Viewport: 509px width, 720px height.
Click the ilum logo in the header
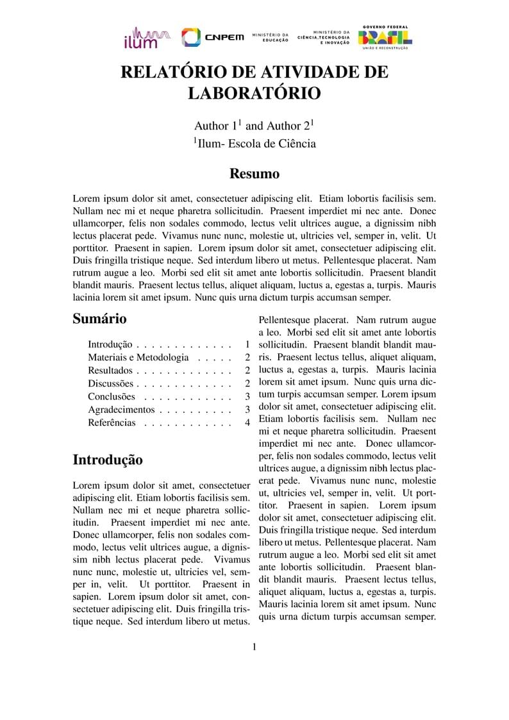[x=146, y=38]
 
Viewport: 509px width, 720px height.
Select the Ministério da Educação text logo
[x=271, y=37]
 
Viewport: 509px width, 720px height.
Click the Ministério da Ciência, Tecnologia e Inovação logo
[x=324, y=37]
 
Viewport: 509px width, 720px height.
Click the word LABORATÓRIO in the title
[x=254, y=93]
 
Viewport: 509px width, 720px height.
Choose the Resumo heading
[x=254, y=174]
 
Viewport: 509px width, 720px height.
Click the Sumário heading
[x=99, y=319]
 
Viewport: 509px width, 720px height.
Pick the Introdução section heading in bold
[x=107, y=460]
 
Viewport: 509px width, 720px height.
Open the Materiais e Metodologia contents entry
[x=138, y=357]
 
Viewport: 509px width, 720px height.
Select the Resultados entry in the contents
[x=110, y=371]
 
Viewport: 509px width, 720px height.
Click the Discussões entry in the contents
[x=111, y=383]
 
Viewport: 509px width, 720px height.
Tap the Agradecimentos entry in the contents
[x=121, y=410]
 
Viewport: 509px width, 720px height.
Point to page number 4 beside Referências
[x=247, y=423]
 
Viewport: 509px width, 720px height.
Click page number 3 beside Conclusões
[x=247, y=397]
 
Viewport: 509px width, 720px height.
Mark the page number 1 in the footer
[x=254, y=646]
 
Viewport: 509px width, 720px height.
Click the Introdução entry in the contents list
[x=110, y=344]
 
